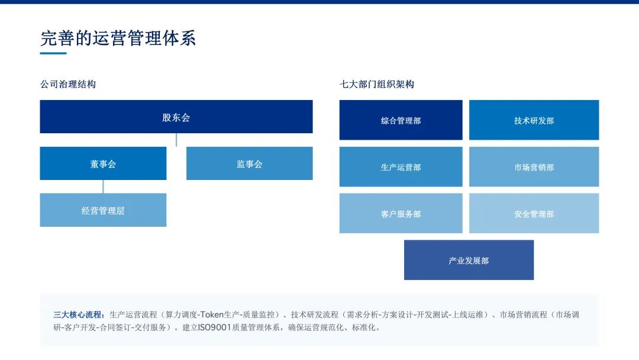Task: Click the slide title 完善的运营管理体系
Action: click(x=118, y=38)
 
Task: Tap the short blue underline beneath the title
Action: click(x=53, y=53)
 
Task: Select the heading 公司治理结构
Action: click(x=68, y=85)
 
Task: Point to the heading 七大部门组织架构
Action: click(x=377, y=85)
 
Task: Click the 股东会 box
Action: click(x=176, y=117)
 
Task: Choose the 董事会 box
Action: click(x=103, y=163)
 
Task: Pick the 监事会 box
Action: click(x=250, y=163)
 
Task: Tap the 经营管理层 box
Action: click(x=103, y=210)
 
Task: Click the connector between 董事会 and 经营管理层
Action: click(x=103, y=187)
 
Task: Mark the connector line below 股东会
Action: click(x=176, y=140)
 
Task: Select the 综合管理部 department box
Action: click(x=401, y=120)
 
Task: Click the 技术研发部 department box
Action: click(x=534, y=120)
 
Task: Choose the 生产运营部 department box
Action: click(x=401, y=167)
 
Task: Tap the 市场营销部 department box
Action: click(x=534, y=167)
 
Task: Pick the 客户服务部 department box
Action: click(x=401, y=213)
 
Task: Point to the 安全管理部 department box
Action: click(x=534, y=213)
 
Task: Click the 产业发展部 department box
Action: click(x=469, y=260)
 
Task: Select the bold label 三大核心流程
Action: click(x=78, y=315)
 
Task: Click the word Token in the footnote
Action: click(x=212, y=315)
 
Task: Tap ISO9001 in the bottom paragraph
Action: click(x=214, y=327)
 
